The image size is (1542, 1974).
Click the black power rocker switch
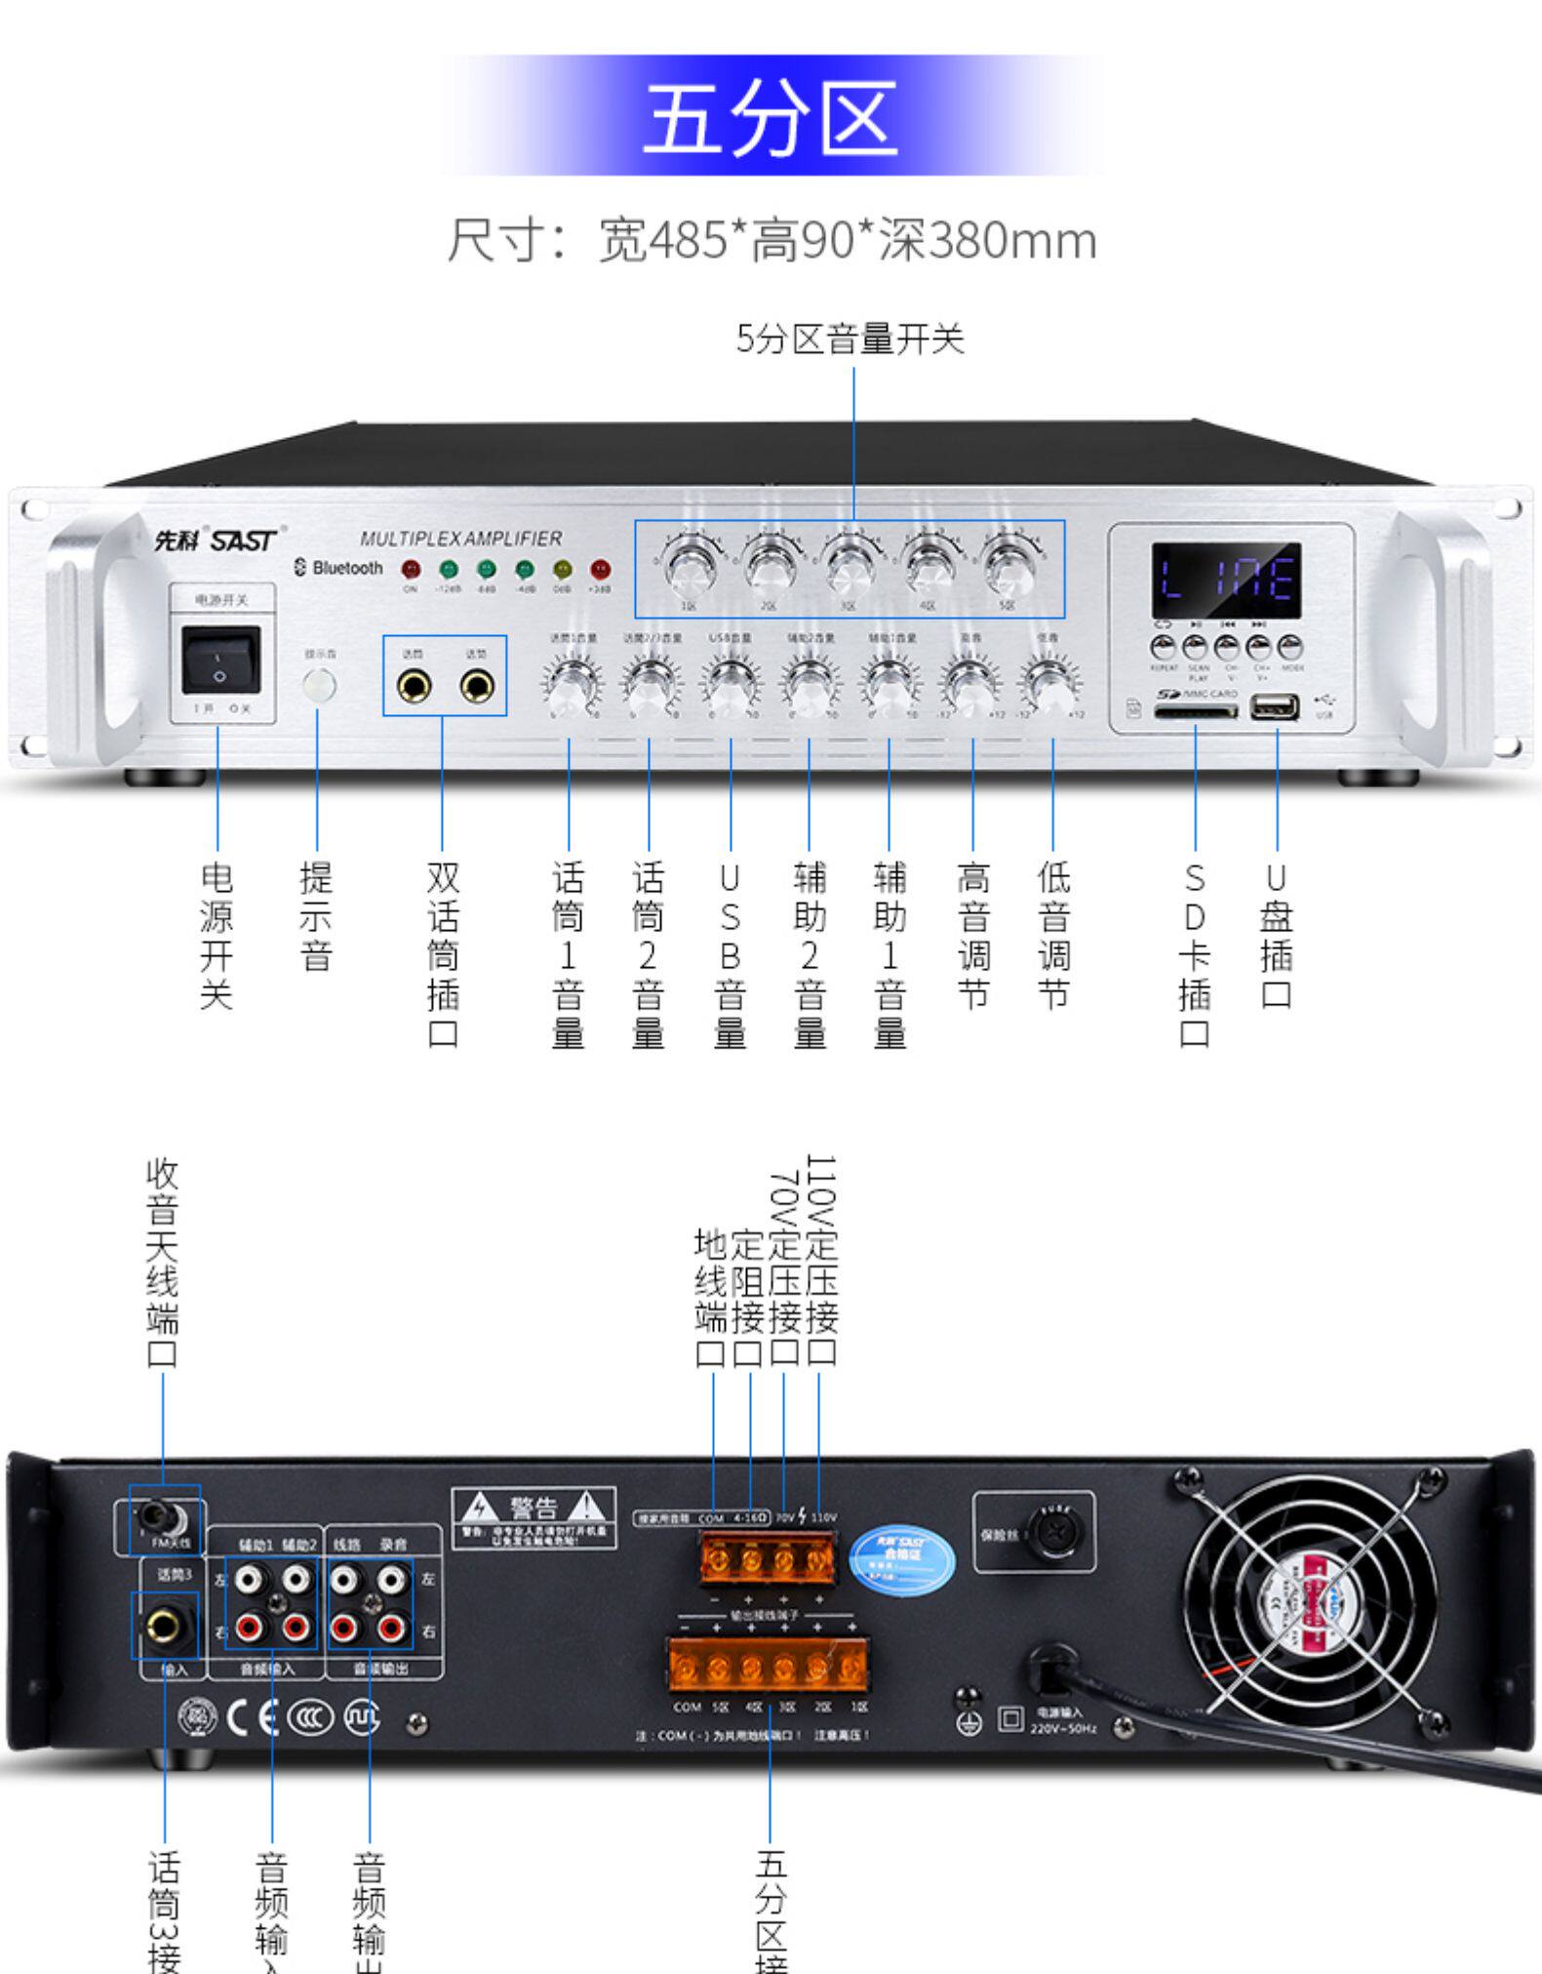[x=220, y=661]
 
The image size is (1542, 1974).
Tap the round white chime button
[x=319, y=686]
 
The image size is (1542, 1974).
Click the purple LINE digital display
[x=1226, y=579]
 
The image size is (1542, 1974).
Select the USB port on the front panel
[x=1274, y=706]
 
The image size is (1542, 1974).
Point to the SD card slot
[x=1195, y=711]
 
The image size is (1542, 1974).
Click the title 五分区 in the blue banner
[x=770, y=116]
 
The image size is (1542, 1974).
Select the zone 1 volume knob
[x=690, y=567]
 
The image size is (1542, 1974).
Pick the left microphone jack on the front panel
[x=414, y=687]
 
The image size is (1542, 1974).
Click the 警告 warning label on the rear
[x=534, y=1516]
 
